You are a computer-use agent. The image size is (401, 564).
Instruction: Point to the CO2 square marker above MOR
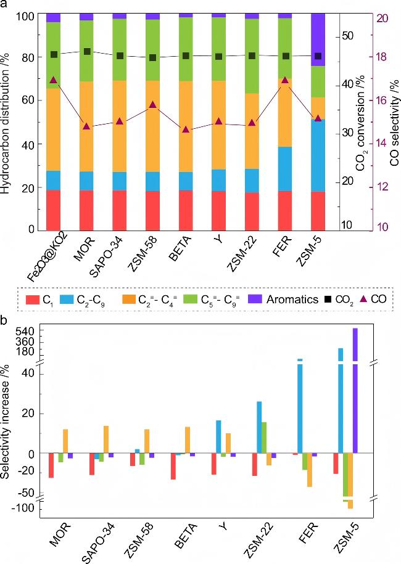pos(87,52)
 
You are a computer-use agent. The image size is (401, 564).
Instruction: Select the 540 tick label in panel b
pos(30,331)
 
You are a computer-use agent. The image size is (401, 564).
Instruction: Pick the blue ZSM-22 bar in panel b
pos(259,427)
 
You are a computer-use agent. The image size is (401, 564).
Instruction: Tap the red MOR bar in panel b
pos(51,465)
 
